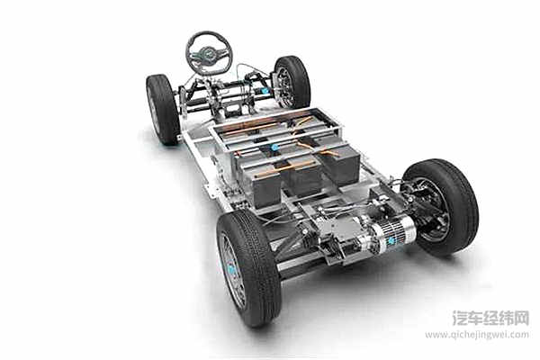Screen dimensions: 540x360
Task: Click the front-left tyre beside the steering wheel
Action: point(163,110)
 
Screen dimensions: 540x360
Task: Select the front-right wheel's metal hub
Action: point(284,85)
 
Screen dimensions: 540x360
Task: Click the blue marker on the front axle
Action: point(265,91)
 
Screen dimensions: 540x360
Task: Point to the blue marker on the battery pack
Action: point(274,148)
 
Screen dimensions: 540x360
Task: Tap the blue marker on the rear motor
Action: point(392,241)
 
